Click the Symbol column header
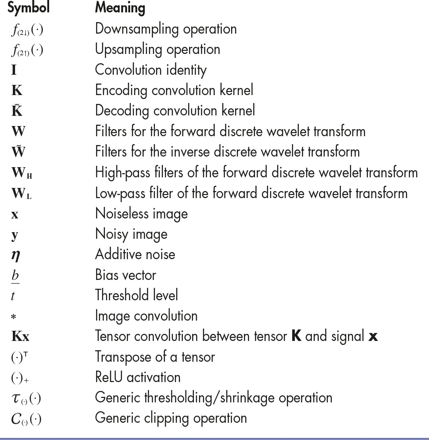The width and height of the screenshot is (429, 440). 28,8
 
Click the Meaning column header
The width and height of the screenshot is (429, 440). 120,8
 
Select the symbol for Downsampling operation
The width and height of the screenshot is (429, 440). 27,30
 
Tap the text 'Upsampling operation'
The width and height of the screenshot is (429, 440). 157,50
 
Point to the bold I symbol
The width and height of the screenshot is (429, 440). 14,70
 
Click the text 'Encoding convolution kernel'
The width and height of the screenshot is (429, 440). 174,91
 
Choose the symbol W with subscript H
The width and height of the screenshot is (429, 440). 22,173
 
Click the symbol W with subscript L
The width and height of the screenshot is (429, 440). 21,194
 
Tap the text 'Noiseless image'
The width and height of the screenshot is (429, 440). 141,214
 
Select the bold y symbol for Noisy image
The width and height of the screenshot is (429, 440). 14,235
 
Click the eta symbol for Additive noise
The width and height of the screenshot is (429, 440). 15,255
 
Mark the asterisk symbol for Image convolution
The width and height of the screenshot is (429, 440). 14,317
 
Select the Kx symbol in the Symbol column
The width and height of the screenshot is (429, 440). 20,337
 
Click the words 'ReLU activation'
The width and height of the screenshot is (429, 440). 138,377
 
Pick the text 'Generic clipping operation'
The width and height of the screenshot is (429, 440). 170,418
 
